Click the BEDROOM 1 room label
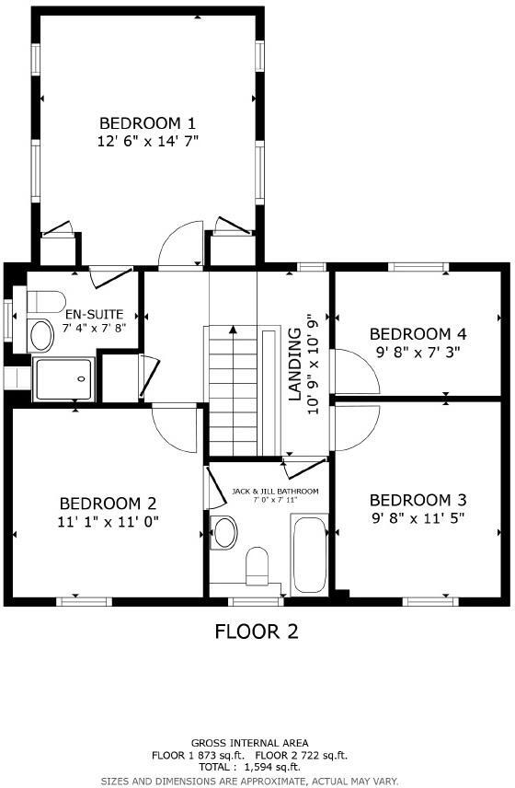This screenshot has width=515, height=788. click(148, 123)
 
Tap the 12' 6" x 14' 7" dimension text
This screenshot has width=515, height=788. click(148, 141)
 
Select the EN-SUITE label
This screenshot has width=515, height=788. click(93, 314)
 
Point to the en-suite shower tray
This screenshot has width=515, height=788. click(63, 379)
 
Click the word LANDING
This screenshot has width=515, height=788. click(295, 365)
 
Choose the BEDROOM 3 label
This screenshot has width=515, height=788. click(418, 500)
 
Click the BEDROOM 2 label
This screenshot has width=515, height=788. click(109, 504)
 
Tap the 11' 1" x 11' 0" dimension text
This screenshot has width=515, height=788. click(109, 521)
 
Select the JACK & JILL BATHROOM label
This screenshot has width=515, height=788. click(275, 492)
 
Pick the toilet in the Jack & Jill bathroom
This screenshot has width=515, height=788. click(258, 563)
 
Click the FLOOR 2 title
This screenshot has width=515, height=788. click(257, 632)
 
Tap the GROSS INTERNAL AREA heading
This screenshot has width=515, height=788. click(250, 743)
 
